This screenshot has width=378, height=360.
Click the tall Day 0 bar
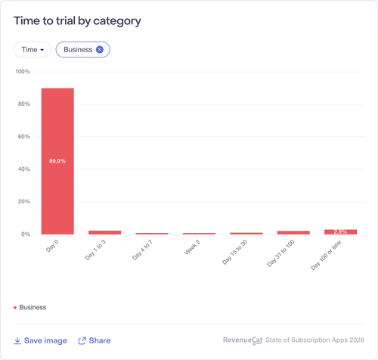pos(57,161)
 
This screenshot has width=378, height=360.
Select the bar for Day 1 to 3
pos(104,232)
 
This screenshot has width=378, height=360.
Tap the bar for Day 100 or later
pos(341,232)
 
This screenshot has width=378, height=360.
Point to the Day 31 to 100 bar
pos(293,232)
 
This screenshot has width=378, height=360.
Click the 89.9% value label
pos(57,161)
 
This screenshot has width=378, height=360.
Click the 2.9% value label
pos(340,231)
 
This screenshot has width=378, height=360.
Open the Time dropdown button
pos(33,49)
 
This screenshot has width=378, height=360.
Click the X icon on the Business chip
pos(100,49)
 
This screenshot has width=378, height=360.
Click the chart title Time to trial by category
pos(77,21)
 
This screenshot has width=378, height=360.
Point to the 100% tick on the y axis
pos(23,72)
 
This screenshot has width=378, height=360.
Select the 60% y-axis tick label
pos(24,137)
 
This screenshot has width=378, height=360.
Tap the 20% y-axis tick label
pos(24,202)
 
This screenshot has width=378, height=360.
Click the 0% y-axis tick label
pos(26,234)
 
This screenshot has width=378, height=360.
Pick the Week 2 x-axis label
pos(192,247)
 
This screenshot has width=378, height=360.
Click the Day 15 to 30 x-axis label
pos(234,252)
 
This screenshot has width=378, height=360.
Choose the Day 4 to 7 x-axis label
pos(142,250)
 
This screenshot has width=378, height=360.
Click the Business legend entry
pos(30,307)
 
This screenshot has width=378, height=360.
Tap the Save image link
pos(40,340)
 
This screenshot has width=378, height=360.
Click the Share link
pos(94,340)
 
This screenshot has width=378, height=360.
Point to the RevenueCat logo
pos(243,340)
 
